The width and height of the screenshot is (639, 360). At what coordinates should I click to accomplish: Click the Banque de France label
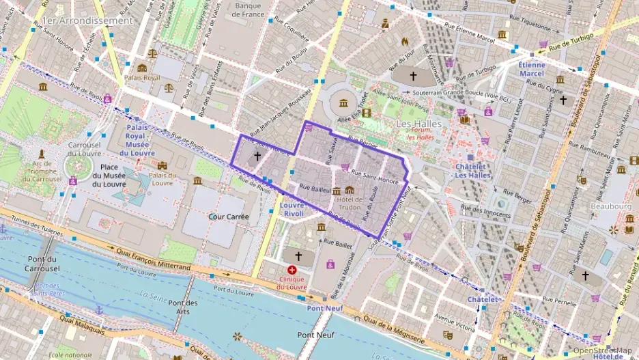(x=248, y=10)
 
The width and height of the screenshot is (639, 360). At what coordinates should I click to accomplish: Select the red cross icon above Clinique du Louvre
(x=293, y=271)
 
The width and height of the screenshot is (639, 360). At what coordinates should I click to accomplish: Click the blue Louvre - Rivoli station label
(x=292, y=209)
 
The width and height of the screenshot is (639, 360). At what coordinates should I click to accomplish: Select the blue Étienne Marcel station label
(x=532, y=69)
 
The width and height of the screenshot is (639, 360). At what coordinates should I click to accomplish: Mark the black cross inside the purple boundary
(x=257, y=156)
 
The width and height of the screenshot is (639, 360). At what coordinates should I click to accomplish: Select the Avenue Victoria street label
(x=455, y=318)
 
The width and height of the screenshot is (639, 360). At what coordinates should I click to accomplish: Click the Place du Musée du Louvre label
(x=108, y=176)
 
